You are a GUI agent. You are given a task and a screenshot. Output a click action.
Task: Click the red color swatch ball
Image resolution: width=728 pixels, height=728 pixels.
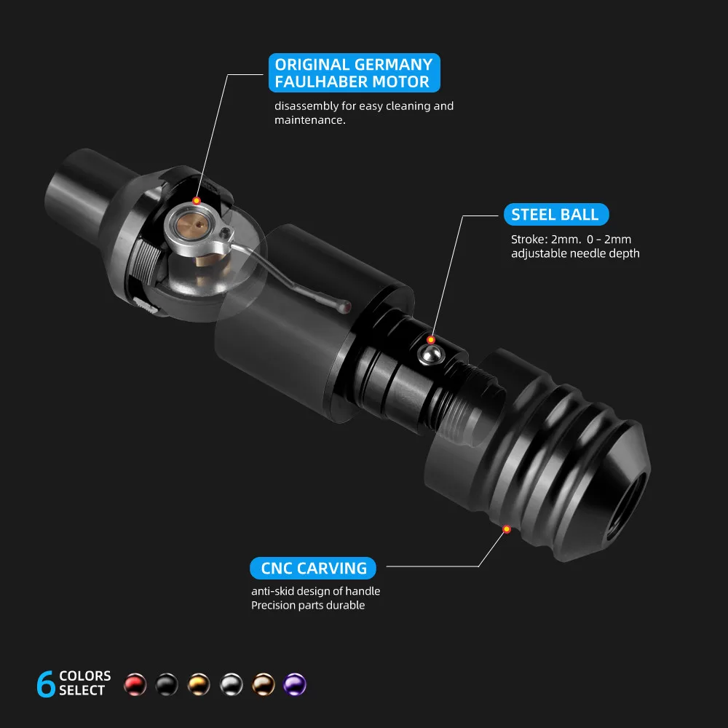pyautogui.click(x=135, y=684)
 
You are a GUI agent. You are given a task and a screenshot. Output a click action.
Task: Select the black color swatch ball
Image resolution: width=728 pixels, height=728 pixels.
pyautogui.click(x=167, y=684)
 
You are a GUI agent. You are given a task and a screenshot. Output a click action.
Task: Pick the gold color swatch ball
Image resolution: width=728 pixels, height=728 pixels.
pyautogui.click(x=199, y=684)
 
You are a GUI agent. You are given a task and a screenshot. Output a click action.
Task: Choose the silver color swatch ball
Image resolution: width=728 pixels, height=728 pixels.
pyautogui.click(x=232, y=684)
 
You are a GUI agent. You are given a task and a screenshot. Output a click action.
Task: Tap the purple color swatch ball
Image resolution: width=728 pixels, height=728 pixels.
pyautogui.click(x=295, y=684)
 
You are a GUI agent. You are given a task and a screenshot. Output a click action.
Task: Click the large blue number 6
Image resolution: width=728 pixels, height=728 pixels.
pyautogui.click(x=45, y=684)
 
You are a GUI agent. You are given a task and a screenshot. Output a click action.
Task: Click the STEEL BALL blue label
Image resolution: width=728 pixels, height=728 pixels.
pyautogui.click(x=555, y=215)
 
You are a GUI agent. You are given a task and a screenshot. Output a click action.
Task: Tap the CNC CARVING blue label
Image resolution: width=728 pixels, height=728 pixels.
pyautogui.click(x=313, y=568)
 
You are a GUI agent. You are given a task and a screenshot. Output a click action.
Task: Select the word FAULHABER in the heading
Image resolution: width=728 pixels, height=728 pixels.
pyautogui.click(x=321, y=82)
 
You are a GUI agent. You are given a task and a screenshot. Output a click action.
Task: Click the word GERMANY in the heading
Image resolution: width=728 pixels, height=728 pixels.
pyautogui.click(x=394, y=64)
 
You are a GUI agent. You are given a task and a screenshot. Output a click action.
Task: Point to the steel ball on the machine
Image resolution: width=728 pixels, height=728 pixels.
pyautogui.click(x=431, y=355)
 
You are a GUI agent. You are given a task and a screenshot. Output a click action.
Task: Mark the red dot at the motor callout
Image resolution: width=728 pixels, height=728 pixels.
pyautogui.click(x=197, y=201)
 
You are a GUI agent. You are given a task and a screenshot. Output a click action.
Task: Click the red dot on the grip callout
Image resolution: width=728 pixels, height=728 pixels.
pyautogui.click(x=507, y=529)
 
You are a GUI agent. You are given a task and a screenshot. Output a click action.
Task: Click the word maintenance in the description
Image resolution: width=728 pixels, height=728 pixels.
pyautogui.click(x=309, y=120)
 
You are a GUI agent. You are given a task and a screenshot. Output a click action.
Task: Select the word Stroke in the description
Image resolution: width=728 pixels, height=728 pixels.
pyautogui.click(x=529, y=240)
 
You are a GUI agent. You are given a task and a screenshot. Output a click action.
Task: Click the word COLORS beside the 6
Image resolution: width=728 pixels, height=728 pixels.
pyautogui.click(x=85, y=676)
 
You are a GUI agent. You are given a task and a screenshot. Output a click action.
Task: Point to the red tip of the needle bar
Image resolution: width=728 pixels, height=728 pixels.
pyautogui.click(x=345, y=307)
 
